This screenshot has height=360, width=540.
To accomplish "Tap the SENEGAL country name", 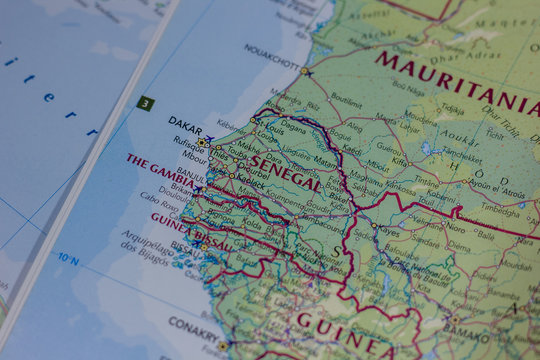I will tap(285, 172).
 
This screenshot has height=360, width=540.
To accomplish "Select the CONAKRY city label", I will tap(192, 323).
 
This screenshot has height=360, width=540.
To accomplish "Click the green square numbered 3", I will tap(146, 103).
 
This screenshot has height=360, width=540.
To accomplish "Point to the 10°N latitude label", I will tap(68, 258).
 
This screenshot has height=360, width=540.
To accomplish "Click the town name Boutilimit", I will tap(346, 101).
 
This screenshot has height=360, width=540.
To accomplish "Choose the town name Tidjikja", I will tap(452, 110).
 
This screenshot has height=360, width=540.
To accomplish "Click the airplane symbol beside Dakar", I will tap(208, 140).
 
